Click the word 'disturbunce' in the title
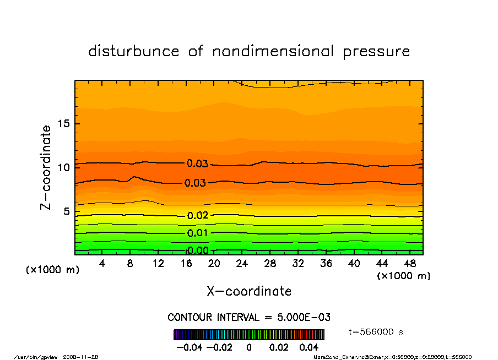(134, 51)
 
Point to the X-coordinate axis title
(249, 291)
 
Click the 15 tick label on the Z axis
(63, 123)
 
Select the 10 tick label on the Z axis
(63, 167)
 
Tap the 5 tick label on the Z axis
(66, 211)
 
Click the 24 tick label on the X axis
(242, 264)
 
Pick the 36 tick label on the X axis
(326, 264)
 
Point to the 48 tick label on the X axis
(410, 264)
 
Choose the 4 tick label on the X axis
(102, 264)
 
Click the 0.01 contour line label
(197, 233)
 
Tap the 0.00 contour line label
(198, 250)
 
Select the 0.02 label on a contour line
(197, 215)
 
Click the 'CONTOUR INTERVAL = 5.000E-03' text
(248, 318)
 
